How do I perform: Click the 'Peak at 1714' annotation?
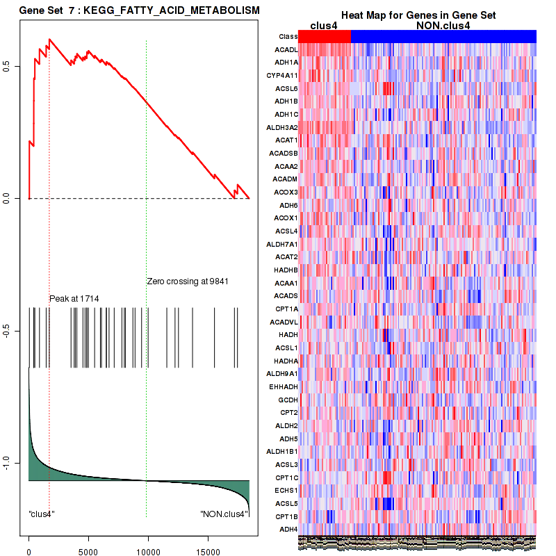click(74, 299)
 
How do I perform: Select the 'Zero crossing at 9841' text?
click(188, 281)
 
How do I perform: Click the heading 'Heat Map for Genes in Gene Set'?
click(418, 15)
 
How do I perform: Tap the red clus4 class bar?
click(325, 36)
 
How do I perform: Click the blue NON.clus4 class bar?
click(443, 36)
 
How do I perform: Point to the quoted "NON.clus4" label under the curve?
click(223, 514)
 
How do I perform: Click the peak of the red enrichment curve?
click(49, 40)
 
